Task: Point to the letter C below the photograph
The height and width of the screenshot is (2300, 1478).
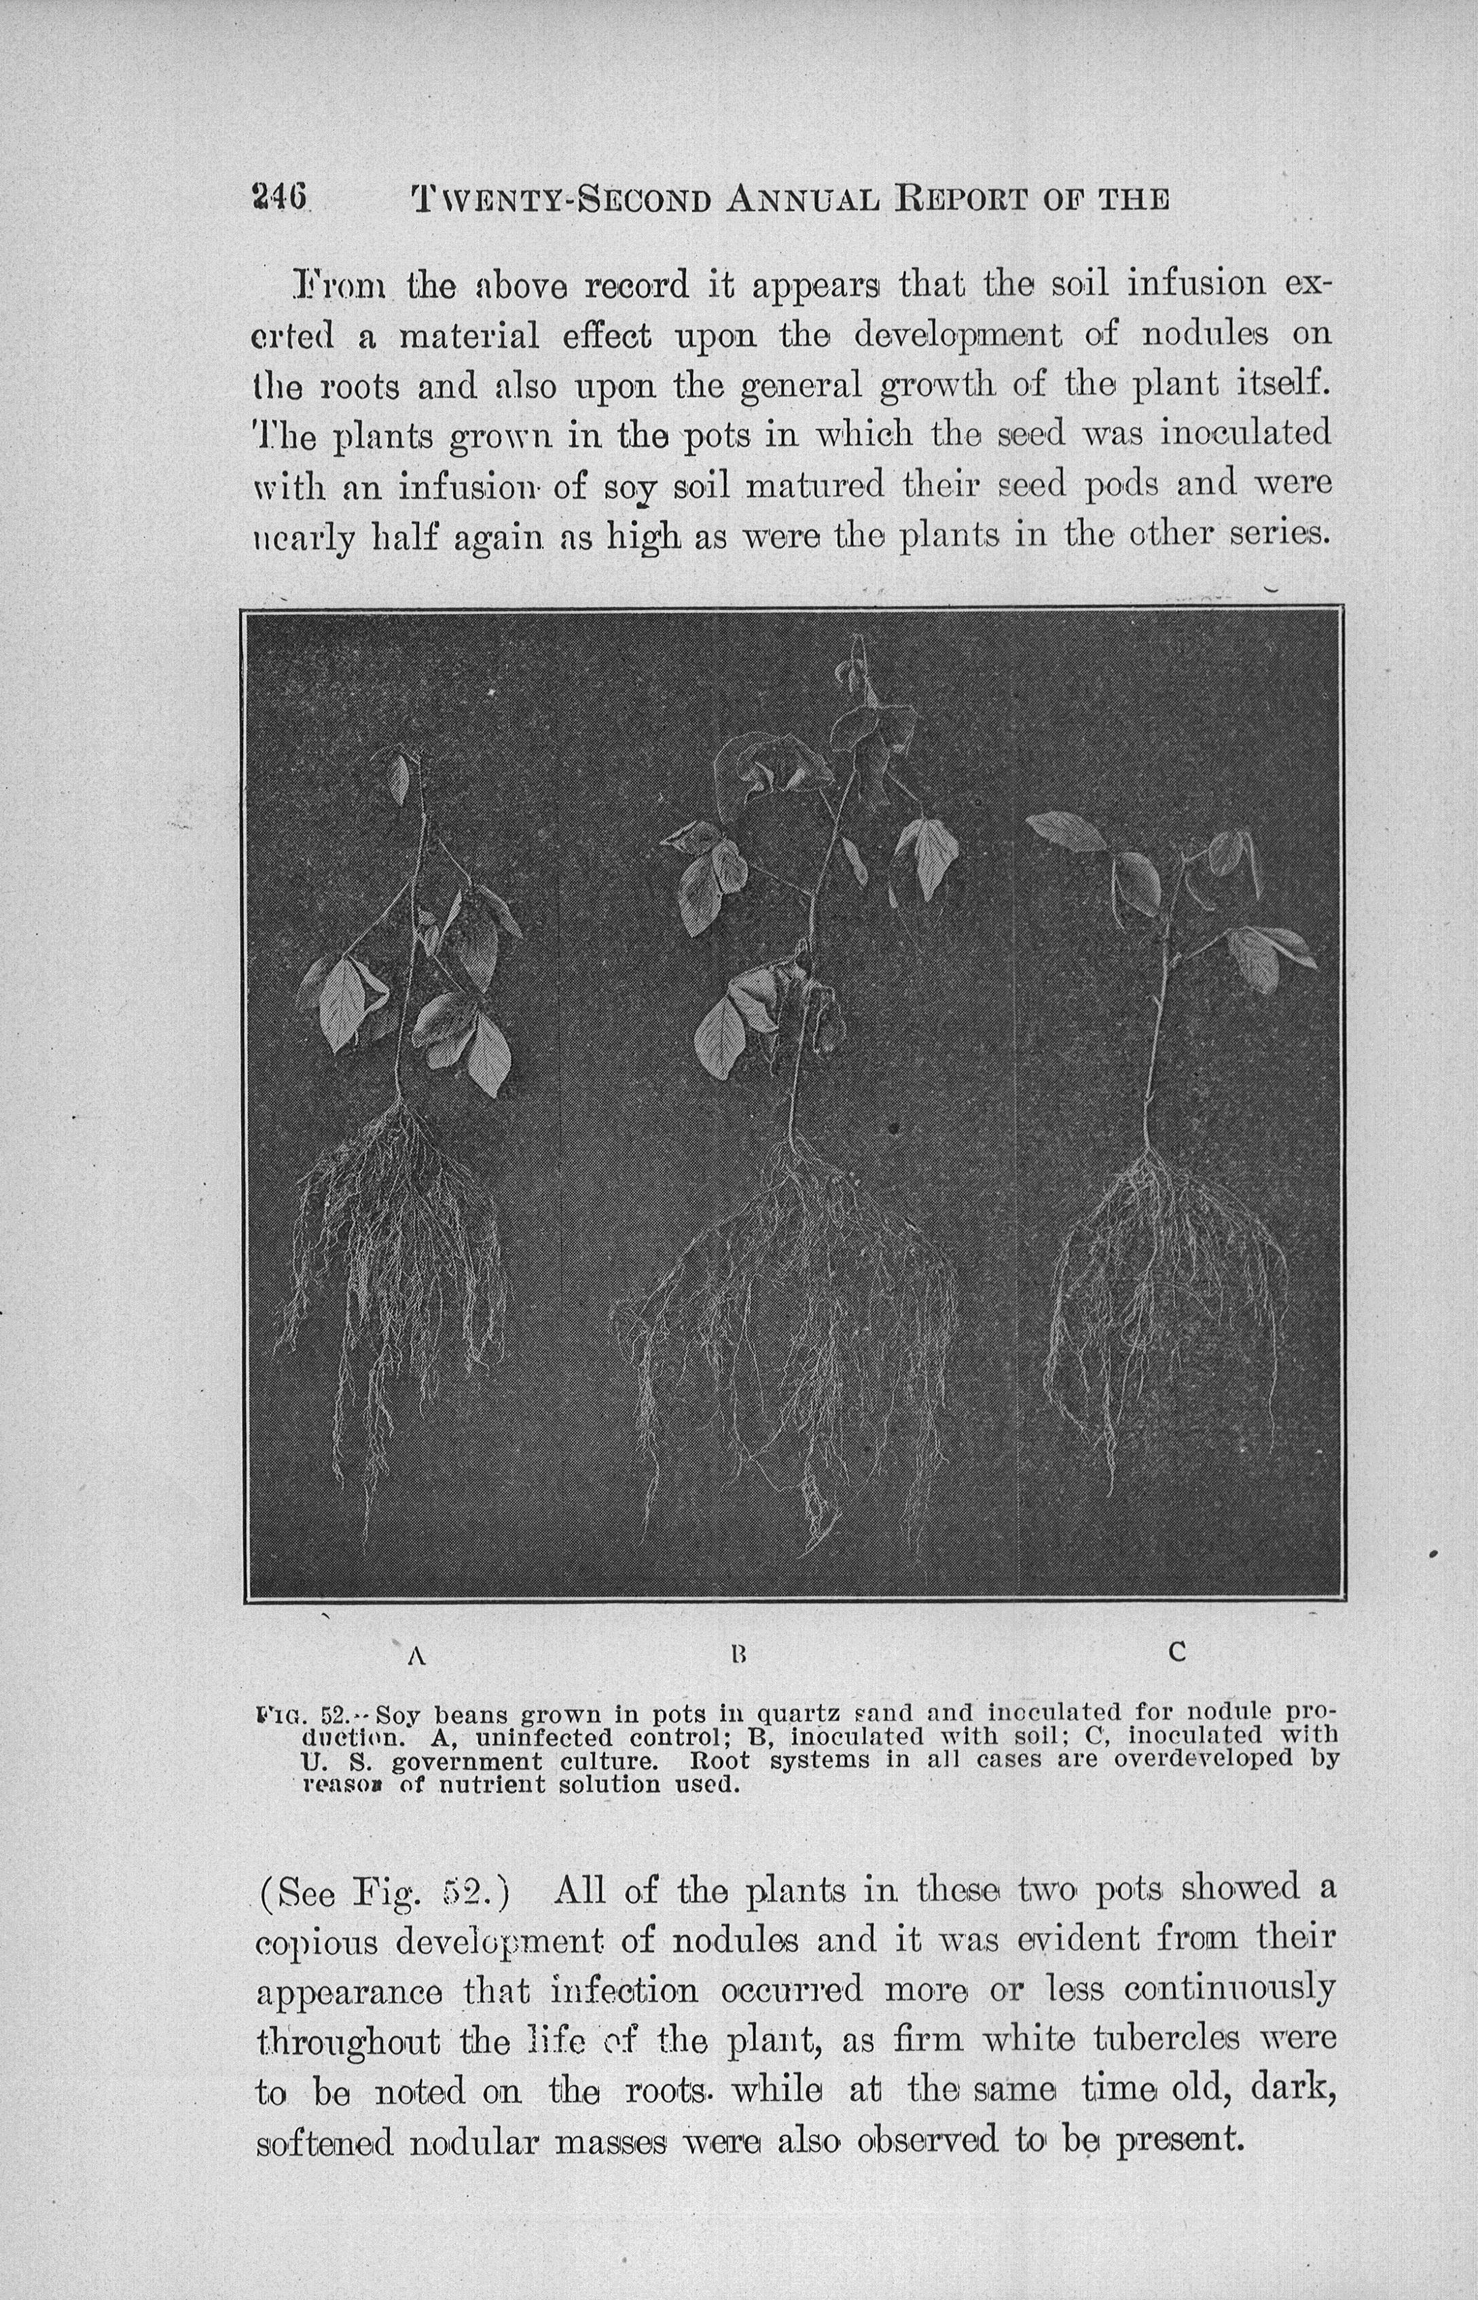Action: pos(1178,1652)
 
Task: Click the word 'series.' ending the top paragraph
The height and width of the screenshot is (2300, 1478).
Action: pos(1278,535)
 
